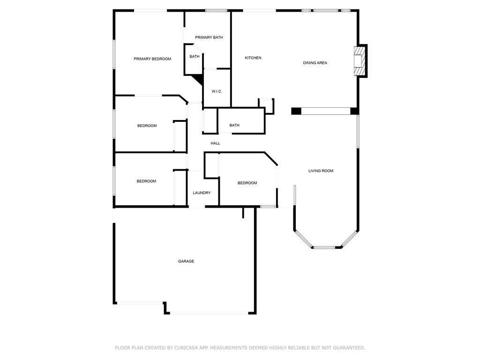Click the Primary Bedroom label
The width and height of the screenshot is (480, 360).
pyautogui.click(x=152, y=59)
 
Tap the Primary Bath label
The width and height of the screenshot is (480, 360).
pyautogui.click(x=209, y=37)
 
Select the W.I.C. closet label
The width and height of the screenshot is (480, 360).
pyautogui.click(x=217, y=91)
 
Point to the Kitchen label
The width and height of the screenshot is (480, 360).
pyautogui.click(x=253, y=58)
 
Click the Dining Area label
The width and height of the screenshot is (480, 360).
pyautogui.click(x=315, y=63)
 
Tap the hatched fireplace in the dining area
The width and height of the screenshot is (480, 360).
pyautogui.click(x=360, y=61)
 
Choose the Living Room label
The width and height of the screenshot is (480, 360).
pyautogui.click(x=321, y=171)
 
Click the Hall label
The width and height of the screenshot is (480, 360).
pyautogui.click(x=215, y=143)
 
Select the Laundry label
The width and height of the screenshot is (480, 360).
pyautogui.click(x=202, y=193)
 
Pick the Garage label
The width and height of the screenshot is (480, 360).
pyautogui.click(x=186, y=261)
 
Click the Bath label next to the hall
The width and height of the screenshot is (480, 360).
pyautogui.click(x=234, y=125)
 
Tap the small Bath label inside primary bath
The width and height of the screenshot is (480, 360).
pyautogui.click(x=195, y=56)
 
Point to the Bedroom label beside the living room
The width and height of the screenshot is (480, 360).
pyautogui.click(x=247, y=183)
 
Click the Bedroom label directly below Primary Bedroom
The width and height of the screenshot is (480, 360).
pyautogui.click(x=147, y=126)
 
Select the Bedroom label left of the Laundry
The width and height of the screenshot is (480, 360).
pyautogui.click(x=146, y=181)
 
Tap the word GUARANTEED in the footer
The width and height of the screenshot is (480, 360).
pyautogui.click(x=349, y=348)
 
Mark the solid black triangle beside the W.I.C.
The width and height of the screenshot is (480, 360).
pyautogui.click(x=198, y=80)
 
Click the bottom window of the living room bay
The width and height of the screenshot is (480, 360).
pyautogui.click(x=324, y=247)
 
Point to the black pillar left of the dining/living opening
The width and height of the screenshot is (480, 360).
pyautogui.click(x=296, y=111)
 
